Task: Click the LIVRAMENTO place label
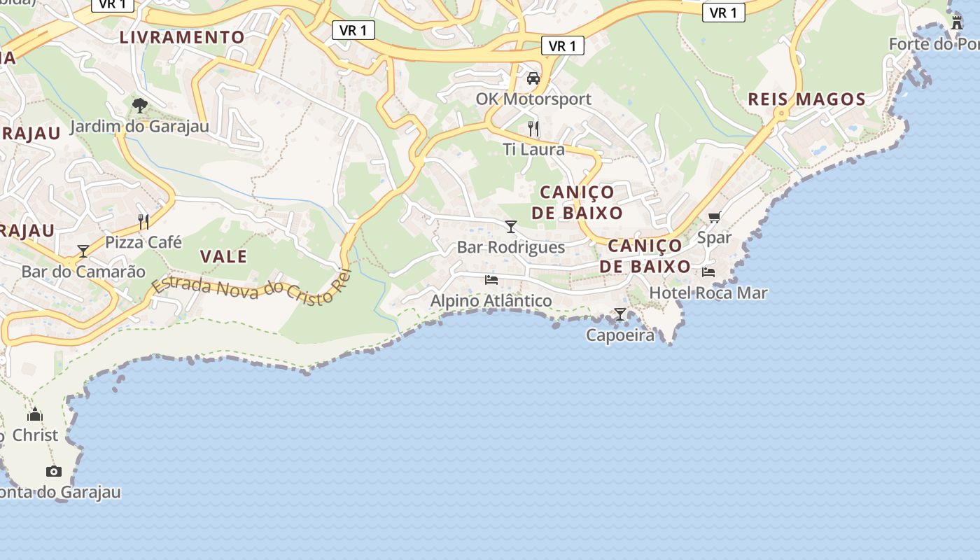[182, 37]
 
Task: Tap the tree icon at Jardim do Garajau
[140, 106]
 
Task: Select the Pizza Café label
[143, 242]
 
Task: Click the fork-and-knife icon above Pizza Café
[143, 222]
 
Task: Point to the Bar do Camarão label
[83, 272]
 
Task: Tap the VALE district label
[223, 256]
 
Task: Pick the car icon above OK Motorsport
[533, 78]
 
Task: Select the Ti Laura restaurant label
[533, 149]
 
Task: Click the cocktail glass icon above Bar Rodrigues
[511, 226]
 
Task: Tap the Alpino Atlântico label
[491, 301]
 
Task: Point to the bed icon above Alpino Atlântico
[491, 280]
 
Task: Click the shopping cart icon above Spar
[714, 217]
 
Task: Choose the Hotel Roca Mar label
[708, 293]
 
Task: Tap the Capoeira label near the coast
[620, 335]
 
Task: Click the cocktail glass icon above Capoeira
[620, 314]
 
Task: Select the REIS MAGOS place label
[806, 99]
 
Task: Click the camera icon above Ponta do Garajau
[54, 471]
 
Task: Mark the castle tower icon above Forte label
[956, 23]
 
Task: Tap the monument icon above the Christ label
[35, 414]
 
